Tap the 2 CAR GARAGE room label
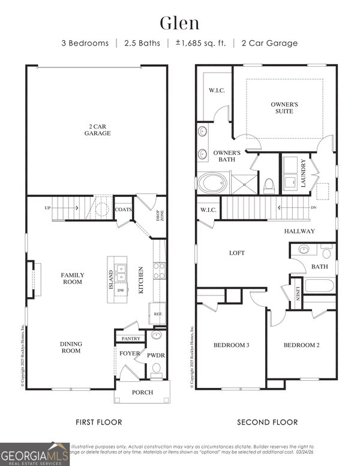[x=97, y=130]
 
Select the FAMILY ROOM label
[x=73, y=278]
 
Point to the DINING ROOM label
[x=71, y=347]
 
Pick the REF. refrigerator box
[x=158, y=313]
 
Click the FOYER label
[x=130, y=354]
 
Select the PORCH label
[x=142, y=392]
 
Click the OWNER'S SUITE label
[x=284, y=107]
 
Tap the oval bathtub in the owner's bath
[x=212, y=183]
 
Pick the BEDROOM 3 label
[x=231, y=345]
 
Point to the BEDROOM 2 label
[x=301, y=345]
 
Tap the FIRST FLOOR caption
[x=98, y=422]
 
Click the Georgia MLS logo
[x=34, y=453]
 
